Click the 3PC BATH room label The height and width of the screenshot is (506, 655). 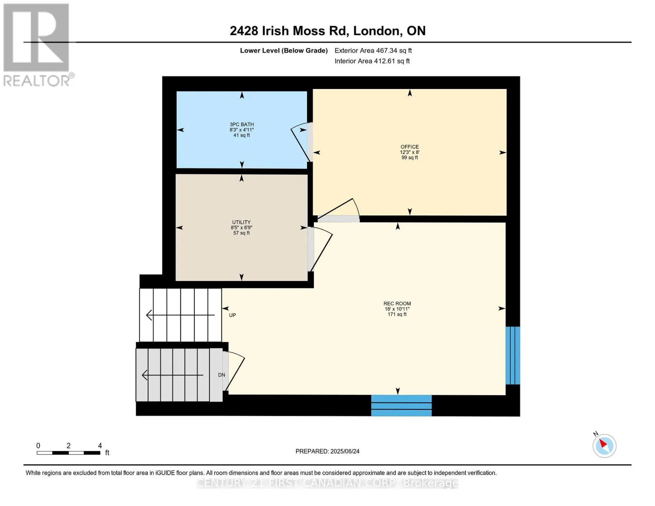tap(241, 124)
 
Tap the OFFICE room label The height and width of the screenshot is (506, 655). tap(410, 147)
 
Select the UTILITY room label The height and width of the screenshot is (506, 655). tap(241, 222)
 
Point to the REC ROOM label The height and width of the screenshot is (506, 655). tap(397, 304)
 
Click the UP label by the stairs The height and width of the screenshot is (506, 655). tap(232, 315)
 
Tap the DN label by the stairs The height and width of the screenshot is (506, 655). tap(221, 375)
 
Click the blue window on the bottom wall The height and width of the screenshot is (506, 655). tap(401, 405)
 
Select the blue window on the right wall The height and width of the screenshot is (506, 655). tap(512, 355)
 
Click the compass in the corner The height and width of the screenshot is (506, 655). tap(604, 446)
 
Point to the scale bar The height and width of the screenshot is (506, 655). tap(68, 453)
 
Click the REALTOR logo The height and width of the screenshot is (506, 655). tap(38, 45)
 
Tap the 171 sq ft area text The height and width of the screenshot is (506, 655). tap(397, 314)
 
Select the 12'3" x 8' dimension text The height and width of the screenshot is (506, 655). tap(410, 152)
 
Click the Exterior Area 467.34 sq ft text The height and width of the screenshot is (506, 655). tap(373, 51)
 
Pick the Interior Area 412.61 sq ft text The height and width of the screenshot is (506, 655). tap(372, 61)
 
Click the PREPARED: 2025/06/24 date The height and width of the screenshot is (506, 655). tap(327, 451)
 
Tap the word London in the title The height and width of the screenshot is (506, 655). tap(377, 31)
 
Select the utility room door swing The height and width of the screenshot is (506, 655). tap(320, 249)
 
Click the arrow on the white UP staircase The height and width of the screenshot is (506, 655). tap(180, 315)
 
